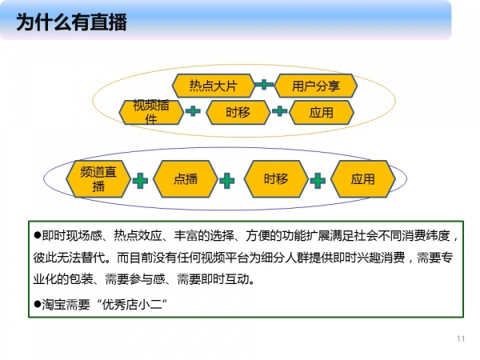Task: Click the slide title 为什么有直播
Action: coord(71,22)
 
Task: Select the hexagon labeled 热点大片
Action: coord(213,86)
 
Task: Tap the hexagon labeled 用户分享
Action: coord(316,86)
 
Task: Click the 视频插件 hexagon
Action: coord(151,112)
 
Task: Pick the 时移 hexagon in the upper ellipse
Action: coord(238,112)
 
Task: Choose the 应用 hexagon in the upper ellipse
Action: coord(322,112)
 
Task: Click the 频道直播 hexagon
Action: coord(98,179)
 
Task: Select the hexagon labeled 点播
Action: coord(186,179)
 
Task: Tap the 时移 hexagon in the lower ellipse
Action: coord(276,179)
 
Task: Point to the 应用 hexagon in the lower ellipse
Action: coord(362,179)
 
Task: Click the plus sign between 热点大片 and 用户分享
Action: coord(264,84)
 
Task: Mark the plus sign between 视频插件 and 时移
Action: coord(193,111)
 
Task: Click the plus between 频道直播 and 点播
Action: coord(140,181)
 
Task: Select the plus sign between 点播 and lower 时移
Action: coord(227,181)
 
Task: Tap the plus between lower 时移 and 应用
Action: coord(318,181)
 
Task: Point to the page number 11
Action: coord(461,338)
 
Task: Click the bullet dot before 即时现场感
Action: coord(38,235)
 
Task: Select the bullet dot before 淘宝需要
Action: coord(38,304)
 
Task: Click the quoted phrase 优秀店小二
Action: coord(132,305)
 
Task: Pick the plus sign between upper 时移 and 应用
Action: coord(279,111)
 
